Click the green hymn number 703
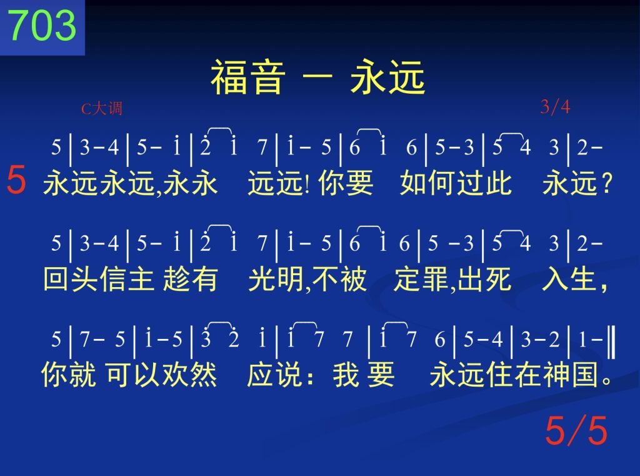42,25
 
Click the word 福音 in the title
247,77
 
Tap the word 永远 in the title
387,77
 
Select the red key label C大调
102,109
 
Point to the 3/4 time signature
555,107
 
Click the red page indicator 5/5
576,430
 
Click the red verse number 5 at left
16,179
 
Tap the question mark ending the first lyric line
607,183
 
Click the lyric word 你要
346,183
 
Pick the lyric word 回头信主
99,278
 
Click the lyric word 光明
276,278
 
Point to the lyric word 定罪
421,278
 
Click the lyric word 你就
69,374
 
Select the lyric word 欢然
190,374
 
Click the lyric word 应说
275,374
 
